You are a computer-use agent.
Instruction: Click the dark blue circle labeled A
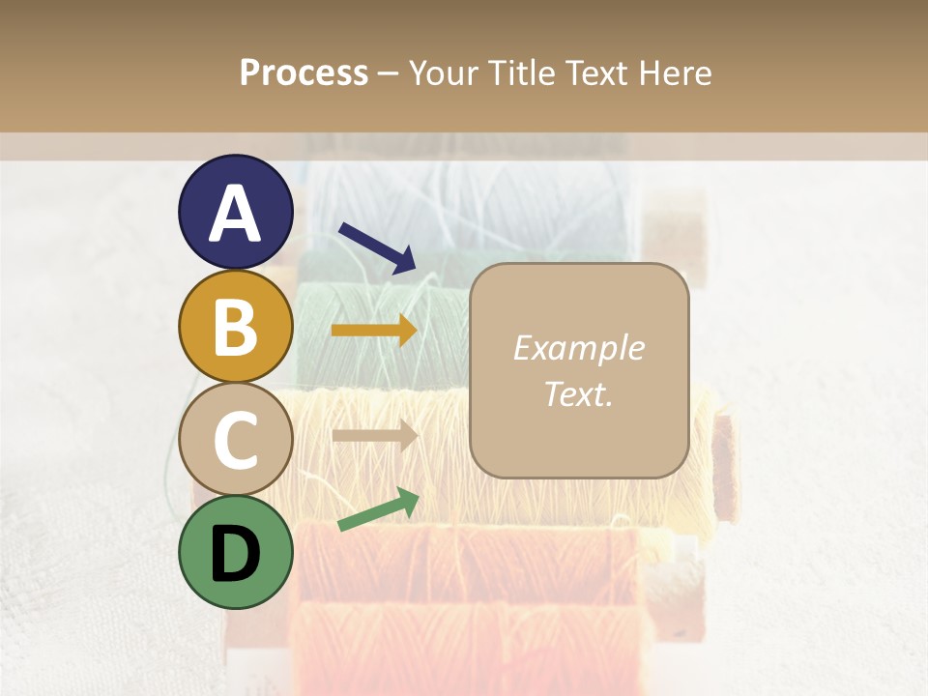(x=235, y=213)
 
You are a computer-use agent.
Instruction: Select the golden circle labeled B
(x=235, y=326)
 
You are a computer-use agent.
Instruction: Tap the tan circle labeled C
(x=235, y=440)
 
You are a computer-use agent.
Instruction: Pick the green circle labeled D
(x=235, y=552)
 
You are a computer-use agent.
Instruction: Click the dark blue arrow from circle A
(x=377, y=247)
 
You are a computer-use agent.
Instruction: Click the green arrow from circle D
(x=378, y=510)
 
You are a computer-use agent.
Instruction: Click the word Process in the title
(x=304, y=73)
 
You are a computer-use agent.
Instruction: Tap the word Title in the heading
(x=519, y=73)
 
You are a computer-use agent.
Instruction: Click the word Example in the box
(x=578, y=348)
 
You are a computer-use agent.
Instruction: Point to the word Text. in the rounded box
(x=578, y=393)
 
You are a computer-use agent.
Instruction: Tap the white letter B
(x=235, y=327)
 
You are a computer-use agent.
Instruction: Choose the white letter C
(x=235, y=441)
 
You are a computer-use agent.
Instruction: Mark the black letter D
(x=235, y=554)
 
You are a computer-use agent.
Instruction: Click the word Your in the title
(x=445, y=73)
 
